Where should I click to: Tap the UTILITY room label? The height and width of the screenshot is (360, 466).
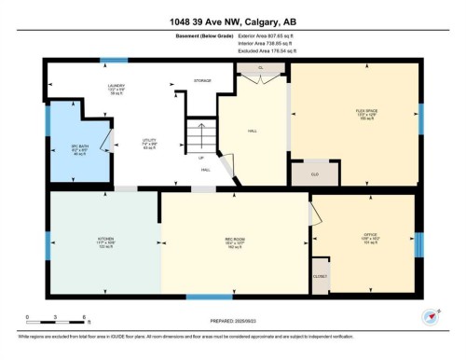tap(149, 143)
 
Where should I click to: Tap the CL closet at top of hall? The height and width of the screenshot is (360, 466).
tap(259, 69)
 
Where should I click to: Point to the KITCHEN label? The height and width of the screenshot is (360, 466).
tap(105, 240)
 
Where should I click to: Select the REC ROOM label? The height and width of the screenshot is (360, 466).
tap(234, 240)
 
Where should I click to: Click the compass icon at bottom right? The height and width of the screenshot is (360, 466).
tap(430, 316)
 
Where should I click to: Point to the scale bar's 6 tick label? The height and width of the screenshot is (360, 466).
tap(86, 318)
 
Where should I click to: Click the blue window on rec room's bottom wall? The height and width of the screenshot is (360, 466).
tap(209, 297)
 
